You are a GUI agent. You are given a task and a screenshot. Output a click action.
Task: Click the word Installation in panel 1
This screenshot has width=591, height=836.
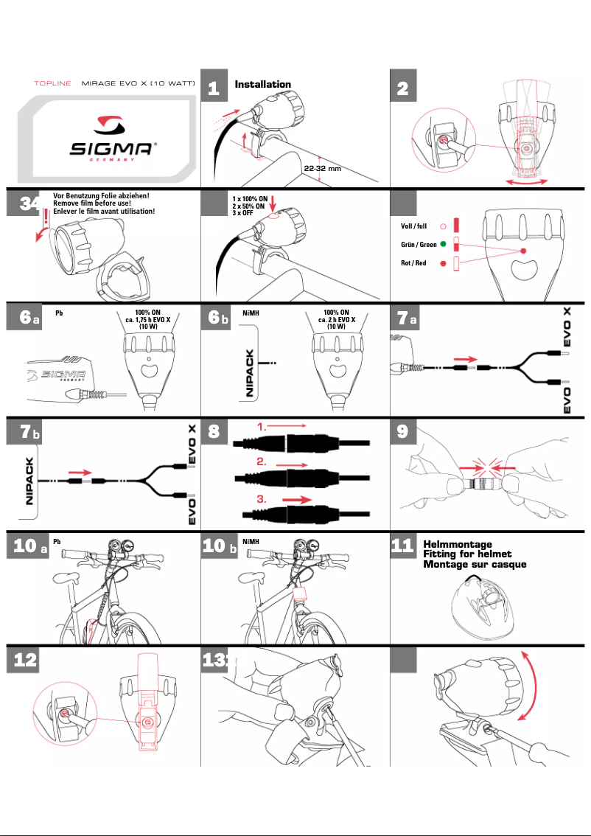click(x=262, y=85)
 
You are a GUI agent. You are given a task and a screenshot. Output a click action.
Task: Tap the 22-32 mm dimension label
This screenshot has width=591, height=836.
click(x=323, y=168)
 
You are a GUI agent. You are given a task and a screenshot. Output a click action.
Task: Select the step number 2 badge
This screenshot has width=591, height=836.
click(x=402, y=89)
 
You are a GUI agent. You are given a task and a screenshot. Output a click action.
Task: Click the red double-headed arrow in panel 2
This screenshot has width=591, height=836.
click(x=523, y=180)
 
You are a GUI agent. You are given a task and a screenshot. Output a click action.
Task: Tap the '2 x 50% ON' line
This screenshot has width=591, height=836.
click(x=249, y=207)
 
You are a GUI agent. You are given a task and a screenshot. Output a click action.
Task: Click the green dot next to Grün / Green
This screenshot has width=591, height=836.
click(x=444, y=244)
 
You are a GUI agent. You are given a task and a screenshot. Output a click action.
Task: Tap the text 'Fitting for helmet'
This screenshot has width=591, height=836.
click(x=466, y=554)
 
